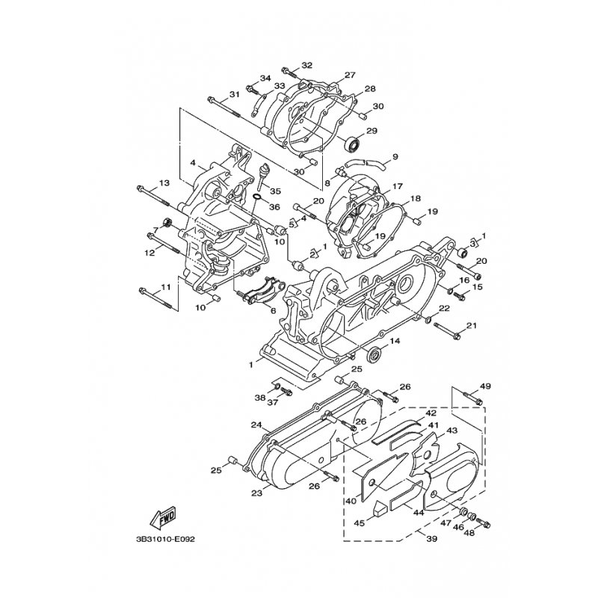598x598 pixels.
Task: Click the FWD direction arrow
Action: [x=164, y=515]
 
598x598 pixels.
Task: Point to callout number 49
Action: [x=484, y=386]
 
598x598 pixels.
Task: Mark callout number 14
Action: [x=395, y=341]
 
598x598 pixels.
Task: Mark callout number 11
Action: [x=164, y=287]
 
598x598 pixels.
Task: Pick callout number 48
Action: [x=469, y=534]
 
